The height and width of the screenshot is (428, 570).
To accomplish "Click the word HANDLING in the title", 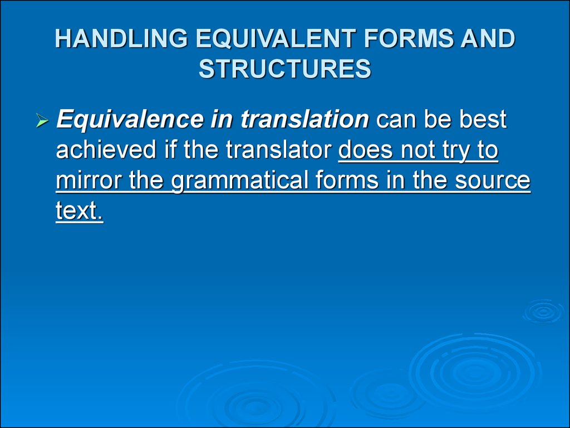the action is click(x=121, y=38).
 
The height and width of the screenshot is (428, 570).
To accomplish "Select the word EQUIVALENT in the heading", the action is click(x=276, y=38).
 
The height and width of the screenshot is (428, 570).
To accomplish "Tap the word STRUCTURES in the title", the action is click(x=285, y=69).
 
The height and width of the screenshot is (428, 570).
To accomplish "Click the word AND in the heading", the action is click(x=488, y=38).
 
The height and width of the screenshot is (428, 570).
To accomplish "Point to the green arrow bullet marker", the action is click(x=42, y=120).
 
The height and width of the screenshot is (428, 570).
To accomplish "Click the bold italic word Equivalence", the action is click(x=130, y=119).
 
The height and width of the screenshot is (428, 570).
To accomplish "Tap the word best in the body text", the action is click(x=483, y=119).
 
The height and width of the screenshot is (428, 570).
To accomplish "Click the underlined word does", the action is click(x=366, y=149).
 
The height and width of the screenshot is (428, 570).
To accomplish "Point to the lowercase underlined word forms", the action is click(x=347, y=180).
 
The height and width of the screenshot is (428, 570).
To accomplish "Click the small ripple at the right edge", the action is click(x=543, y=312).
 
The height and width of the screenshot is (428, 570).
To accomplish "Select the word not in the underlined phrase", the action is click(x=417, y=150).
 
